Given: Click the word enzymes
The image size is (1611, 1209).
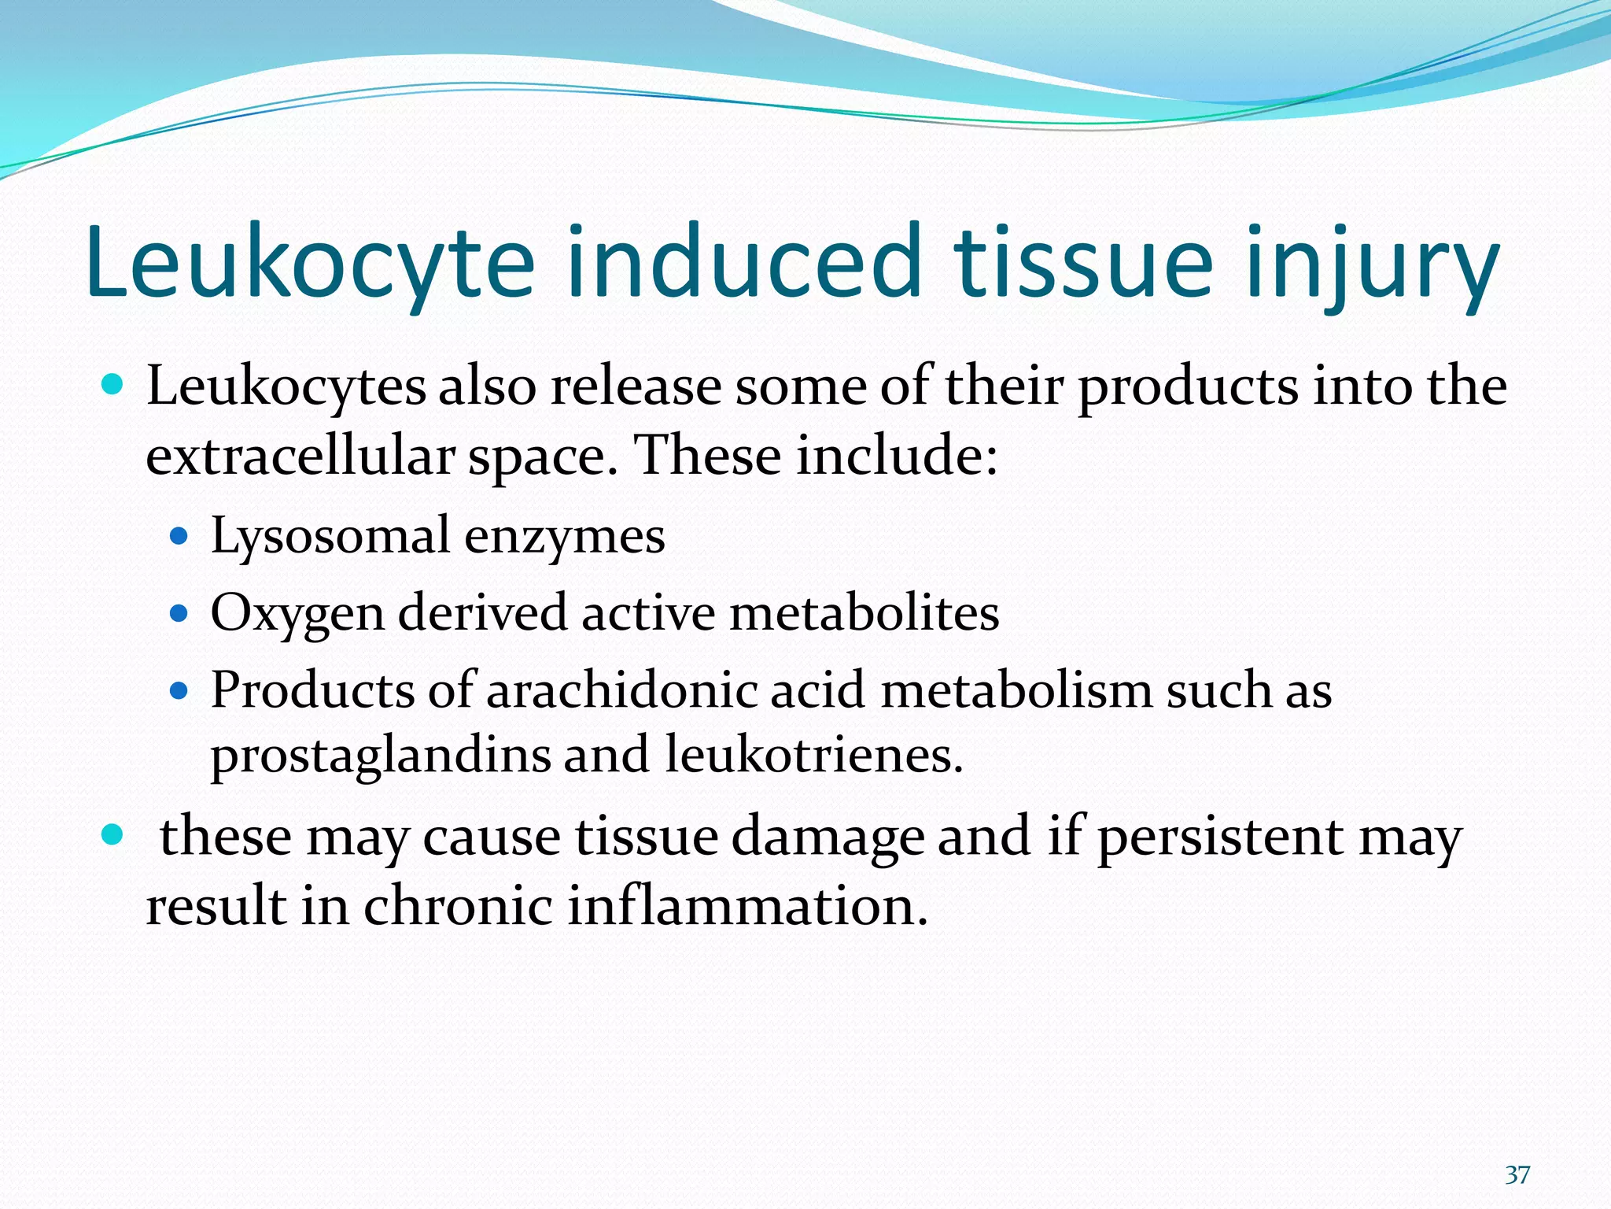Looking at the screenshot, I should tap(564, 537).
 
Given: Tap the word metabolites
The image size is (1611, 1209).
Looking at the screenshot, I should tap(864, 612).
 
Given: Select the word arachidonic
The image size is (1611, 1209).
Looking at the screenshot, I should tap(621, 690).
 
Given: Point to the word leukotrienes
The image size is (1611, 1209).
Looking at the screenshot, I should tap(813, 754).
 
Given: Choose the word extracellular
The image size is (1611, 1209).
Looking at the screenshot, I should tap(300, 456).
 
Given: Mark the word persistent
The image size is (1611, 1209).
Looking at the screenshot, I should tap(1220, 836).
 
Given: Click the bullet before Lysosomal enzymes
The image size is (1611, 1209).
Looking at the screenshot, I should tap(179, 537).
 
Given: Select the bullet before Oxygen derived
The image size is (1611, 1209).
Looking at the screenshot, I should tap(179, 613).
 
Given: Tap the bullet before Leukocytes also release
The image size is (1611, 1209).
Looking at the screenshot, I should tap(113, 385).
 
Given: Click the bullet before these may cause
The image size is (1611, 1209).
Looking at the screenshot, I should tap(113, 834).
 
